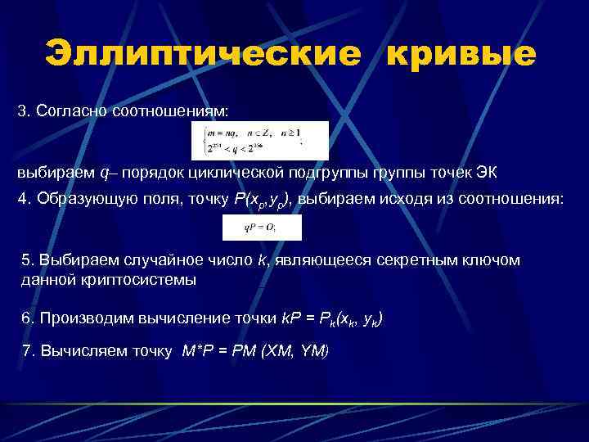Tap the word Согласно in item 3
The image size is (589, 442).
tap(69, 110)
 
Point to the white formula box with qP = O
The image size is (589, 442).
tap(262, 228)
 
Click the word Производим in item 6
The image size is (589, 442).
tap(80, 319)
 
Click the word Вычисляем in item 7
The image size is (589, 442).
tap(78, 351)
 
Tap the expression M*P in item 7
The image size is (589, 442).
tap(198, 351)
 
